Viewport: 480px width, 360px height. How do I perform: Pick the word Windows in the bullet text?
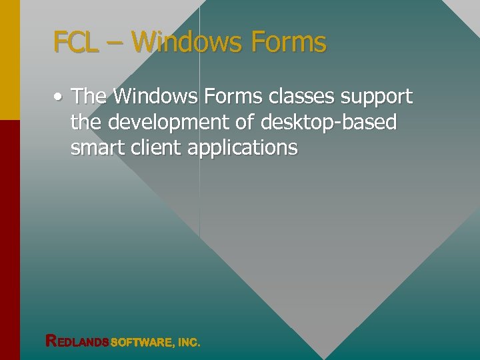click(155, 97)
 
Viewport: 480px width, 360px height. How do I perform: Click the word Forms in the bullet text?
click(233, 97)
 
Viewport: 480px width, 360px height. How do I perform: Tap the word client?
click(159, 147)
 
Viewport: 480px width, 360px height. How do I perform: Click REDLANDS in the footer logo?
click(77, 342)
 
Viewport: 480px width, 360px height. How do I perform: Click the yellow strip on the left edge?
click(9, 60)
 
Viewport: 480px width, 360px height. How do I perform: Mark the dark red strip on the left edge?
click(9, 240)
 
